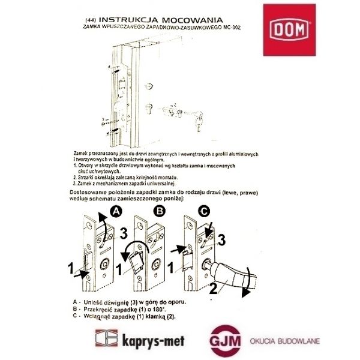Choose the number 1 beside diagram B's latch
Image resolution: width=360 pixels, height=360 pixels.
point(119,270)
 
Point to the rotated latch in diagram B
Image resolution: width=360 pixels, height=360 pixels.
point(136,262)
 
